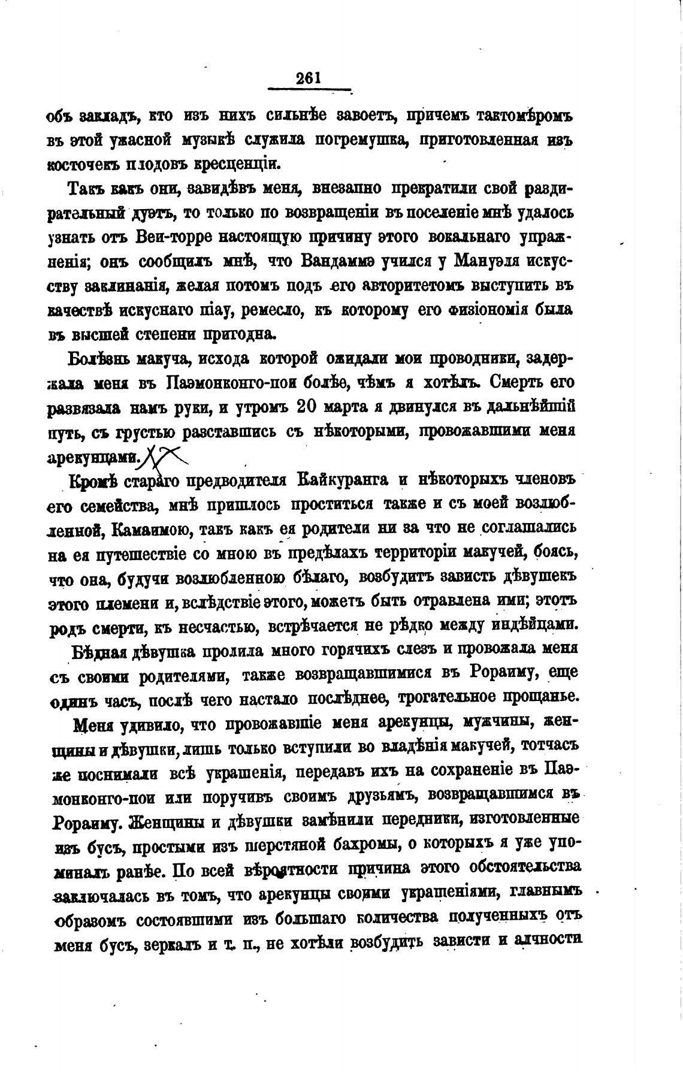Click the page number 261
[309, 78]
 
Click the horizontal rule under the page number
[309, 90]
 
